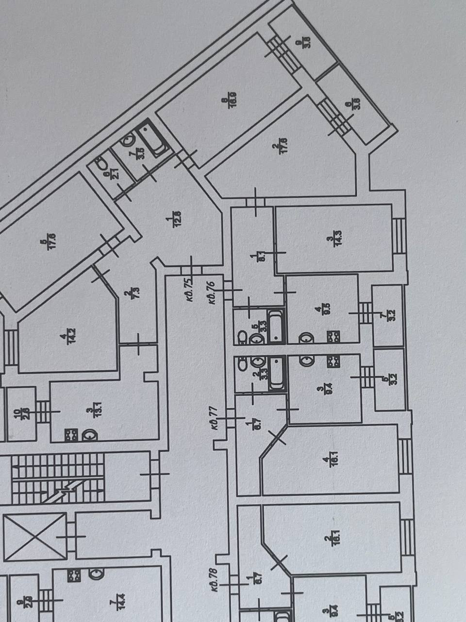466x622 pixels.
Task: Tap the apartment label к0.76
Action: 212,293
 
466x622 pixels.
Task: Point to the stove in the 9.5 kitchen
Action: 333,336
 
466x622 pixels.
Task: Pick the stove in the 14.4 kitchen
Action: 74,576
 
